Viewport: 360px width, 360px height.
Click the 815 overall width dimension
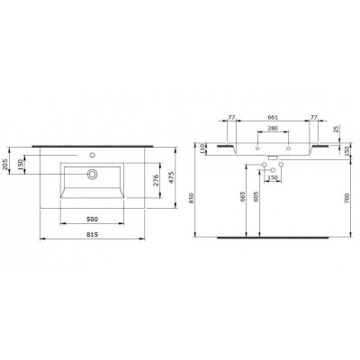tap(92, 235)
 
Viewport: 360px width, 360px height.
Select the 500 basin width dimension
tap(92, 220)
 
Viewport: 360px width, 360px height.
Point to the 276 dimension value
tap(156, 180)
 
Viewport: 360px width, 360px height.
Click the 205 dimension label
tap(5, 165)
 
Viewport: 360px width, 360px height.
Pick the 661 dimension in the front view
tap(273, 117)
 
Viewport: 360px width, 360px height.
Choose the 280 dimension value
tap(273, 128)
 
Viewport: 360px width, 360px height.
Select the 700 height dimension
tap(347, 198)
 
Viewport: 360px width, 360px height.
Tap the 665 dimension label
tap(243, 197)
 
